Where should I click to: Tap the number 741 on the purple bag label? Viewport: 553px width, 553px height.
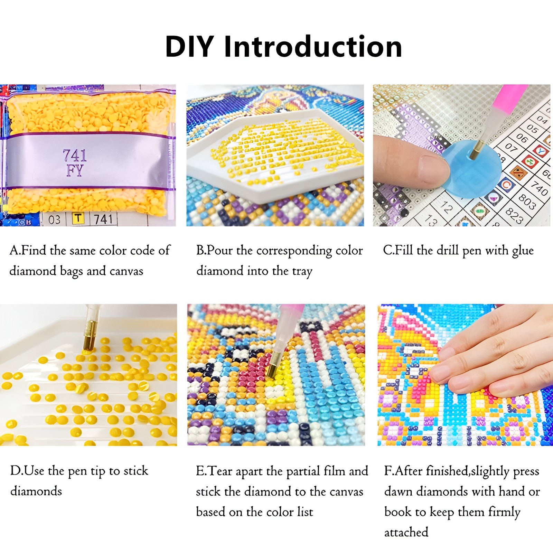pos(75,156)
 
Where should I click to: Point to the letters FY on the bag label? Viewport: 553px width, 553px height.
pos(75,170)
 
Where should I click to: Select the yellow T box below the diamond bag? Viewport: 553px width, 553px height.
pos(78,218)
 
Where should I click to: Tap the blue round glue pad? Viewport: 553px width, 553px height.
pos(472,169)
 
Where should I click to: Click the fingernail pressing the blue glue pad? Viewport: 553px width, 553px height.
pos(434,169)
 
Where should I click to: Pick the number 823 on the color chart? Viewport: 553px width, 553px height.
pos(515,216)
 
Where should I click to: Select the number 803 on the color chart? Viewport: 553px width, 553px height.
pos(527,202)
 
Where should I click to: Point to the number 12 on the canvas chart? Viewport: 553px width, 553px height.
pos(446,207)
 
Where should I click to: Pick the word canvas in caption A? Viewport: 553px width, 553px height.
pos(126,271)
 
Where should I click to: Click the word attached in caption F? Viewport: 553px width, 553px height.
pos(406,532)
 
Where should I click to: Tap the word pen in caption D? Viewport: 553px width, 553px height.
pos(77,472)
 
